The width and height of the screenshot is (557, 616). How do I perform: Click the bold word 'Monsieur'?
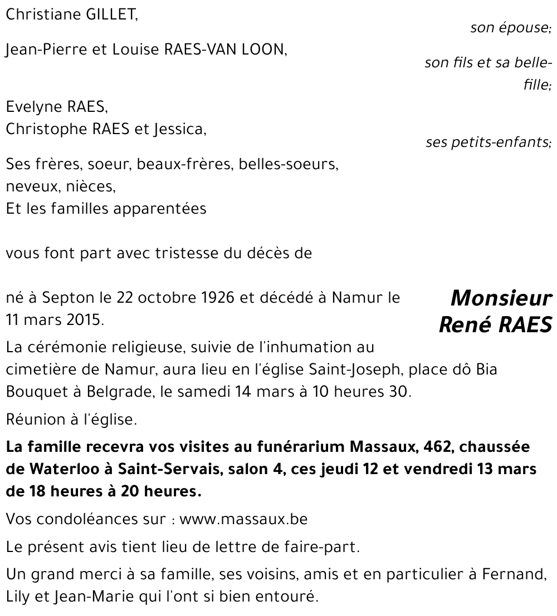(501, 298)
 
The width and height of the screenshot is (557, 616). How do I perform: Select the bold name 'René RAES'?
(495, 324)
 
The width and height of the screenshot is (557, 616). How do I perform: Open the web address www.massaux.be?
(243, 520)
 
